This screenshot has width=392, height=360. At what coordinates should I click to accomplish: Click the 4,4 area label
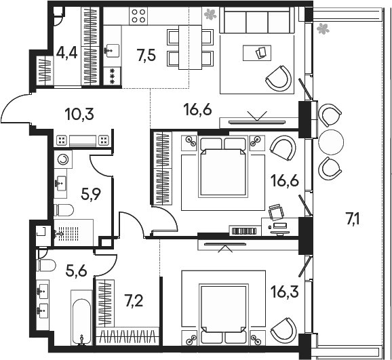66,54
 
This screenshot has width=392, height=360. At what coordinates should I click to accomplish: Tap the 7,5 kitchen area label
146,55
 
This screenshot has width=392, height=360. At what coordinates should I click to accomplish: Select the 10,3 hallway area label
79,115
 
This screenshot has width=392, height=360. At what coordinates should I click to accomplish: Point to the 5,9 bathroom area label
91,195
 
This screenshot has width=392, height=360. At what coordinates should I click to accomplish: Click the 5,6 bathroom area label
76,271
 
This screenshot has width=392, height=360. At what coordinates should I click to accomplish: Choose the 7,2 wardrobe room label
134,300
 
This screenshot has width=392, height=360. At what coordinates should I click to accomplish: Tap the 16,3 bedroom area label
285,292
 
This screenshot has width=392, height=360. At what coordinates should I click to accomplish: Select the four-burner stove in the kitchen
138,16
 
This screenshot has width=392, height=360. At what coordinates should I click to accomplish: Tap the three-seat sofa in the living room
257,20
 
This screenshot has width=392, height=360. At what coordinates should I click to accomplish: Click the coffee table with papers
257,53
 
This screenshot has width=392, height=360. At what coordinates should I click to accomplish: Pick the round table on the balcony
331,142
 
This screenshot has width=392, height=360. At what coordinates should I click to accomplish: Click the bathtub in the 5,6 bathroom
81,318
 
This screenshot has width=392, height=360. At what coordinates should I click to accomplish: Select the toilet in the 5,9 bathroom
64,210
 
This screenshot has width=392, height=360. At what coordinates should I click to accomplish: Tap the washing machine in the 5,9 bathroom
63,159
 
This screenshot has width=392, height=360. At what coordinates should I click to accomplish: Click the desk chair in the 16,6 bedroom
276,212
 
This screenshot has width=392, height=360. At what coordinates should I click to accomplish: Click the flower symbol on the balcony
323,28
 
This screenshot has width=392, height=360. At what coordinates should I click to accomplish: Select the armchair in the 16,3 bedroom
283,329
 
